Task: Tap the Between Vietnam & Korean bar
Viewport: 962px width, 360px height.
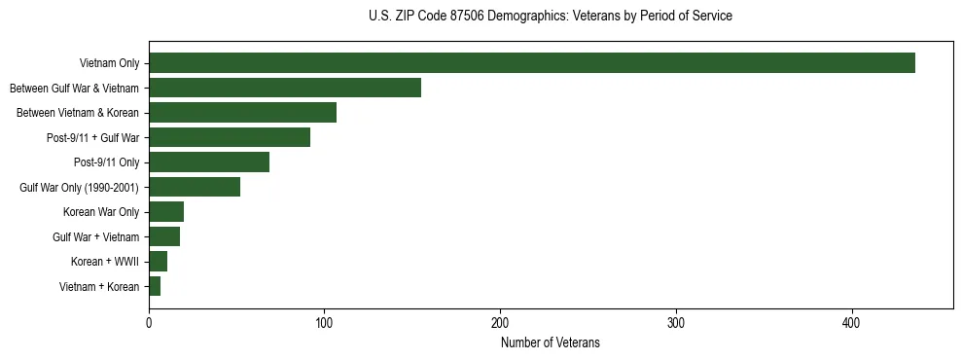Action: coord(242,113)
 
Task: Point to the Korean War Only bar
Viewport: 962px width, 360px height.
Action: coord(166,212)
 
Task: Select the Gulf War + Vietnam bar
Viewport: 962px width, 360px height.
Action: coord(164,236)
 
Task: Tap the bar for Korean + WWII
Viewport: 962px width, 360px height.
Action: coord(159,262)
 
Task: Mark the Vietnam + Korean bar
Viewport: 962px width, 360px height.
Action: coord(155,286)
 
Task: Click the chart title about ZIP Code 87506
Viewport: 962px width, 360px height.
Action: coord(551,17)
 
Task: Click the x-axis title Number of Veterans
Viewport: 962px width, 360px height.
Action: coord(551,343)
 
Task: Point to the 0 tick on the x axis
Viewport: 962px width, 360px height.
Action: coord(149,322)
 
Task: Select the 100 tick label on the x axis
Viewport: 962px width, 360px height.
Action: coord(325,322)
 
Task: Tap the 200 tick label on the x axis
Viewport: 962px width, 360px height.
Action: coord(500,322)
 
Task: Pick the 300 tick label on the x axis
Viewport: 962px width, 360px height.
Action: coord(676,322)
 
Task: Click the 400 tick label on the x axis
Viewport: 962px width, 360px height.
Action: coord(852,322)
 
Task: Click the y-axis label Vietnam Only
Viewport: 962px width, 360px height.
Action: coord(109,64)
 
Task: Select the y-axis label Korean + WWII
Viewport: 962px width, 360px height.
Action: coord(105,262)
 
